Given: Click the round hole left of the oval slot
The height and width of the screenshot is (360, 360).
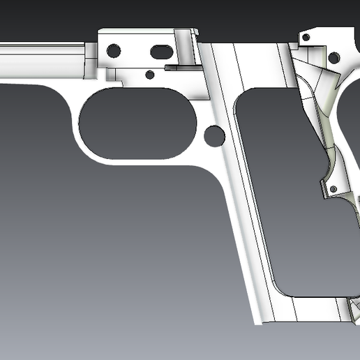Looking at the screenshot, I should coord(113,50).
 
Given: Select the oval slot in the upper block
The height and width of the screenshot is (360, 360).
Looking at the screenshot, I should coord(161,50).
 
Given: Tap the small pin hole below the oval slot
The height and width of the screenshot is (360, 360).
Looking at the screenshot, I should coord(149,75).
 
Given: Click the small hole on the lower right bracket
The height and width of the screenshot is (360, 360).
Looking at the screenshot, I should coord(333,189).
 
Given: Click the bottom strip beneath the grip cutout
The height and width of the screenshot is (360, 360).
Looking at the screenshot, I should coord(307,310).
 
